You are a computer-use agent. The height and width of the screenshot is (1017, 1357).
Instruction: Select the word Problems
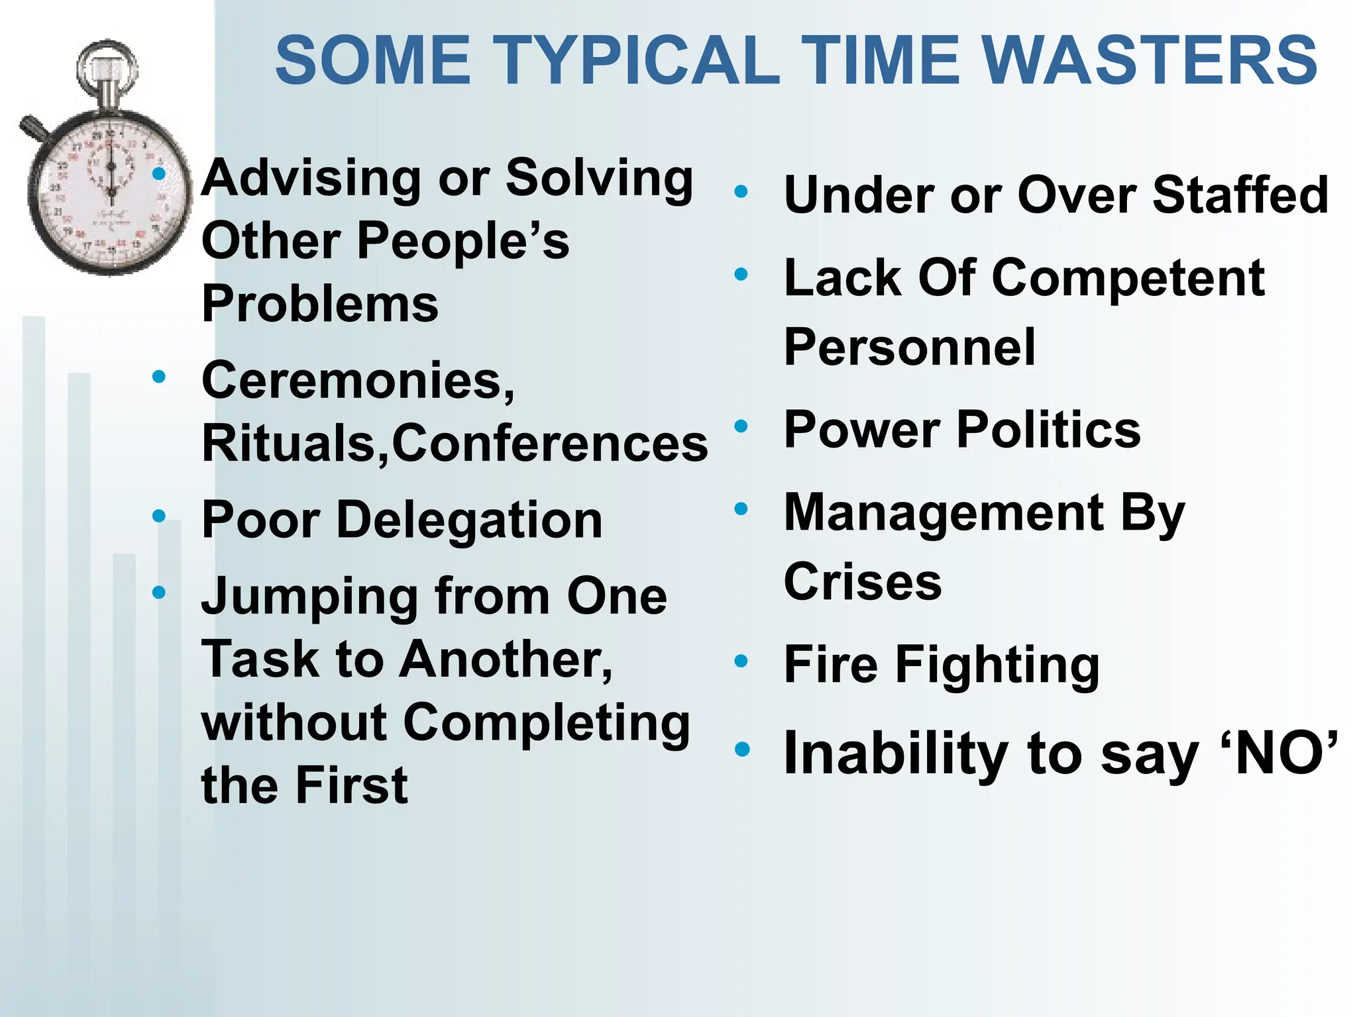pos(320,304)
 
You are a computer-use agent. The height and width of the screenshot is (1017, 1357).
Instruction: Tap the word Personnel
pos(909,347)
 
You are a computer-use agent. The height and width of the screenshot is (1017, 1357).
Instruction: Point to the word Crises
pos(863,582)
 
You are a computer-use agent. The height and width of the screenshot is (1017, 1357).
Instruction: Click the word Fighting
pos(997,665)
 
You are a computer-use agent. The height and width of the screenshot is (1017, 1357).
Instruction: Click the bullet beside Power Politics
pos(741,426)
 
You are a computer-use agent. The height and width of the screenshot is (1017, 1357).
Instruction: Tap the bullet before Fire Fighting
pos(741,661)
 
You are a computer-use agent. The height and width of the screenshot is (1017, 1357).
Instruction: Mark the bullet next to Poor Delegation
pos(159,516)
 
